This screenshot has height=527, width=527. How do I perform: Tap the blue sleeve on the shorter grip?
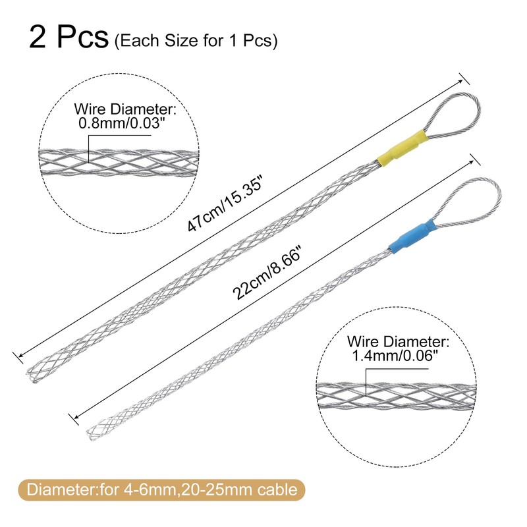pos(410,238)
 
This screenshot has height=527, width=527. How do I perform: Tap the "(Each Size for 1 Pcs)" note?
pos(196,41)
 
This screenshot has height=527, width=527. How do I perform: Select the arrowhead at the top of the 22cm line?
pos(472,155)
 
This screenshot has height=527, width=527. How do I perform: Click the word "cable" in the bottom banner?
pos(279,490)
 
